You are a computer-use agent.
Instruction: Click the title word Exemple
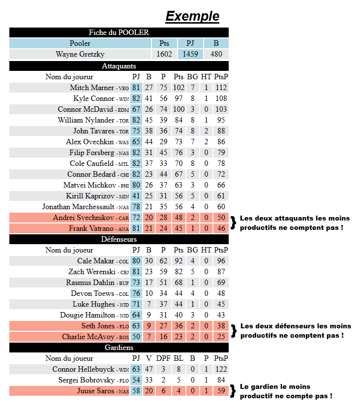(x=192, y=16)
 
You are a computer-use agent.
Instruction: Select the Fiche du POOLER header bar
(x=119, y=32)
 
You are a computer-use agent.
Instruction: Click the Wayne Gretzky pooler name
(x=80, y=54)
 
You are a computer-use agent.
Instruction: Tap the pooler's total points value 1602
(x=164, y=54)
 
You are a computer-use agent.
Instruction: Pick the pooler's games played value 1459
(x=190, y=54)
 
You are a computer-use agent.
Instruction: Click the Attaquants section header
(x=119, y=66)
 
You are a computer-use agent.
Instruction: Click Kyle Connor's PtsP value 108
(x=221, y=98)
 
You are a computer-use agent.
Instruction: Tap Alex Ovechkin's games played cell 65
(x=136, y=142)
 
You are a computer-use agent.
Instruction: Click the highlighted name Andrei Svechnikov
(x=83, y=218)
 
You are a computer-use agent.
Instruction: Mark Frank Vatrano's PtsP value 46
(x=221, y=228)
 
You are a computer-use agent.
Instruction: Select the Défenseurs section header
(x=119, y=239)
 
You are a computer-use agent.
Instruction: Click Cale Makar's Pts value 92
(x=179, y=261)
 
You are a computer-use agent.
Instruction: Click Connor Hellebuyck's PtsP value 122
(x=221, y=369)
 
